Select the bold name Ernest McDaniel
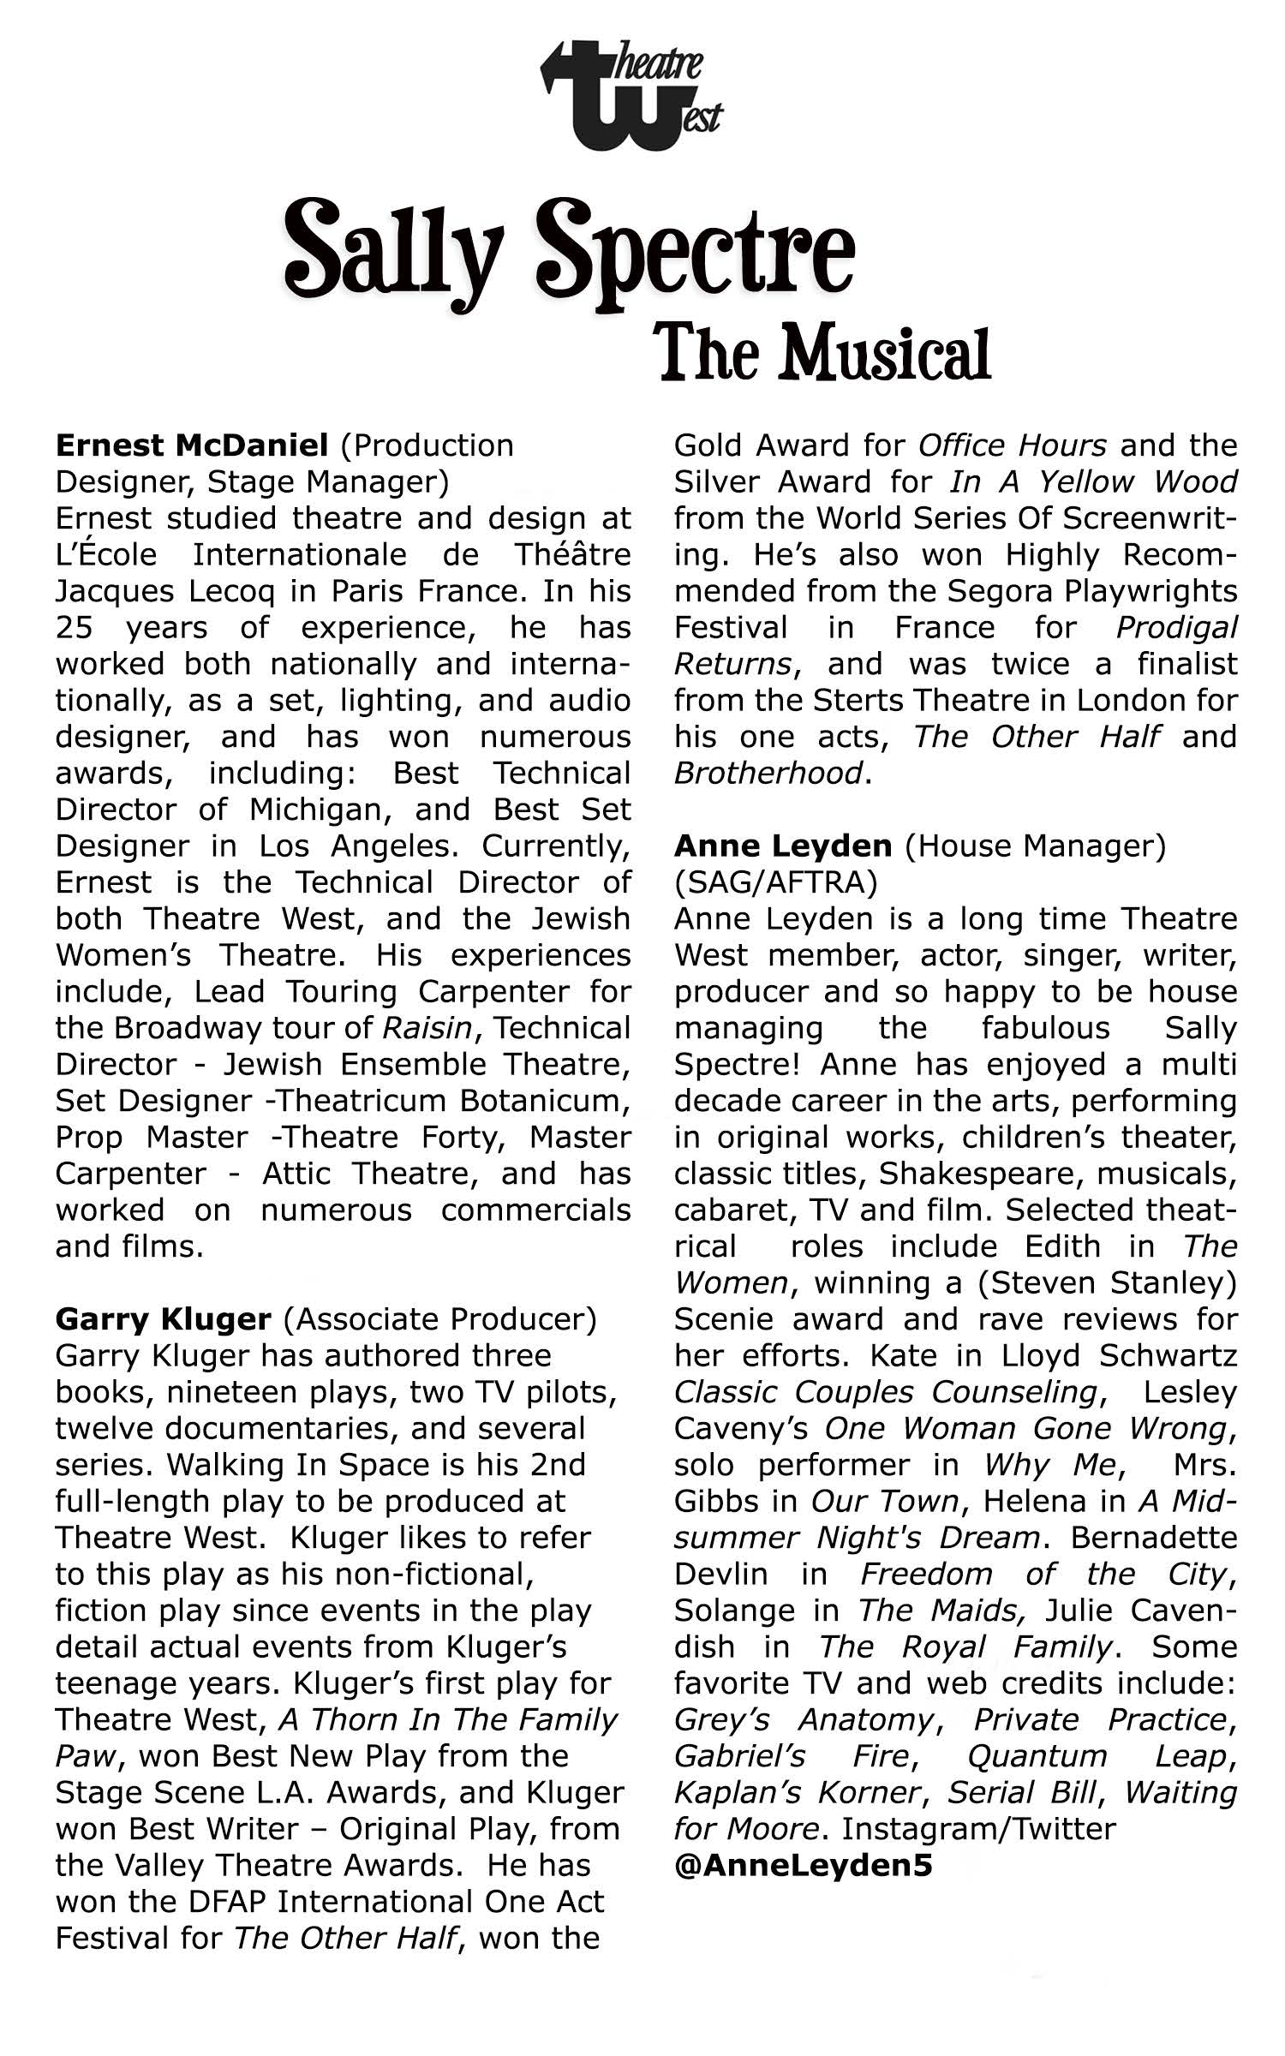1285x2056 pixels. click(192, 445)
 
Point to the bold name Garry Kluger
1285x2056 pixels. click(163, 1319)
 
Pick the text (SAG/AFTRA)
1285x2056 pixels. click(776, 882)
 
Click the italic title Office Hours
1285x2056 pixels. click(1012, 445)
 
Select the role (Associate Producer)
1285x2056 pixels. click(439, 1319)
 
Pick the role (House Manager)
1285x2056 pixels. click(1035, 846)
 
